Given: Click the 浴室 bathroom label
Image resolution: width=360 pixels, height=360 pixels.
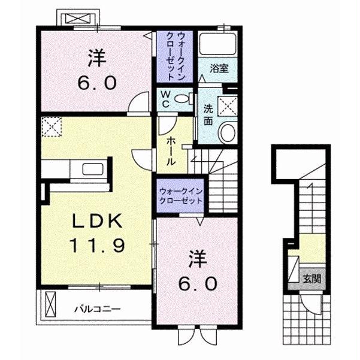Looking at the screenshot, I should (219, 69).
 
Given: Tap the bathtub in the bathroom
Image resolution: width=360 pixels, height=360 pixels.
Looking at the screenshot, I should (219, 44).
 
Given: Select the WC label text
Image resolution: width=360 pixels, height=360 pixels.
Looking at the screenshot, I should (164, 99).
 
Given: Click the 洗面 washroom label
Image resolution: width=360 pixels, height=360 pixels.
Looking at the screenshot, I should (208, 115).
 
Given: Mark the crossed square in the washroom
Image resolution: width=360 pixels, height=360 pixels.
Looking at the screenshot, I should (228, 107).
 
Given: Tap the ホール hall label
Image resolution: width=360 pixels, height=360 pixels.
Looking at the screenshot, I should (171, 150).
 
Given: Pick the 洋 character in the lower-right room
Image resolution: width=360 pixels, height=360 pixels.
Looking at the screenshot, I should (197, 261).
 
